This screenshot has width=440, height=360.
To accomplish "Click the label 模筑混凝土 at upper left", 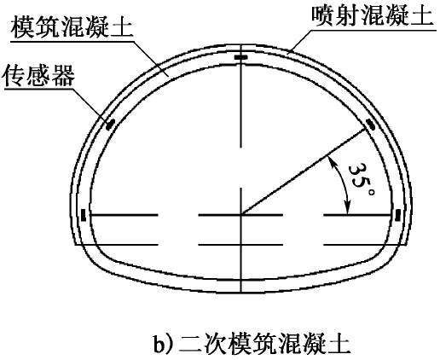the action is click(72, 26).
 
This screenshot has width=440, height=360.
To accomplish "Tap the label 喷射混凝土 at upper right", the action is click(373, 15).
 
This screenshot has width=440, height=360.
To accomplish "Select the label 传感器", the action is click(39, 75).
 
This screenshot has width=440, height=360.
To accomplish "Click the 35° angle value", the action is click(361, 179).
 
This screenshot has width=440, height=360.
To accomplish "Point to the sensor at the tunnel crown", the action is click(241, 57).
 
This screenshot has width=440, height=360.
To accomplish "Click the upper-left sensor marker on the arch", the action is click(110, 125).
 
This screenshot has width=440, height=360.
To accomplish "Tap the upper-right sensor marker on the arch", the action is click(370, 125).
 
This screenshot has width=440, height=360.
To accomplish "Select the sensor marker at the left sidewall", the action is click(84, 215).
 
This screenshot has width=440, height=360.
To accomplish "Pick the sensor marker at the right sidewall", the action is click(398, 215).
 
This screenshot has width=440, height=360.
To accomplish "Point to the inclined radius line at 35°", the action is click(303, 171).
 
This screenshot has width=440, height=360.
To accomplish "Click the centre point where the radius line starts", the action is click(241, 215).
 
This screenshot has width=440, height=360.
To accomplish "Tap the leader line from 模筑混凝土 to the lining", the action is click(151, 59).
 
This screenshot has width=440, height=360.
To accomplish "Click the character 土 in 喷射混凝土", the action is click(422, 15).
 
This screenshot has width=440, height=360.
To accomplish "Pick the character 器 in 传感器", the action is click(63, 75).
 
